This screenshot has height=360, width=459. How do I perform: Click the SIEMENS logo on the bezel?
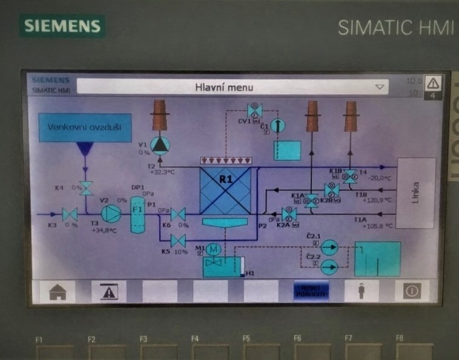[62, 26]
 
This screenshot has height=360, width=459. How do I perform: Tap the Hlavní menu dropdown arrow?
[380, 87]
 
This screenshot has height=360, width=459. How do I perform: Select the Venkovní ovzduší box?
[85, 128]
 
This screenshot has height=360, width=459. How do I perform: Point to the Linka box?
[415, 193]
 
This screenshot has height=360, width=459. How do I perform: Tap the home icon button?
[58, 291]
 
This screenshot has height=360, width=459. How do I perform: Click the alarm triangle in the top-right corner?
[434, 83]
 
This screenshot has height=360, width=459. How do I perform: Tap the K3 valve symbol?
[70, 214]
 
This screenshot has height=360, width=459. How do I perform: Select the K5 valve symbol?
[178, 240]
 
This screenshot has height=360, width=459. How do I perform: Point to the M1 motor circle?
[213, 249]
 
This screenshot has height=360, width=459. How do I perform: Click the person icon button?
[362, 291]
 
